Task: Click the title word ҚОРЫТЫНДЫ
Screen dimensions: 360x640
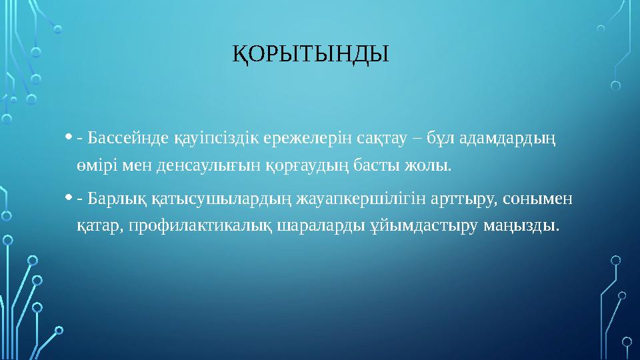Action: (309, 53)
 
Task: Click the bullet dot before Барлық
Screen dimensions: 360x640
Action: (70, 199)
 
